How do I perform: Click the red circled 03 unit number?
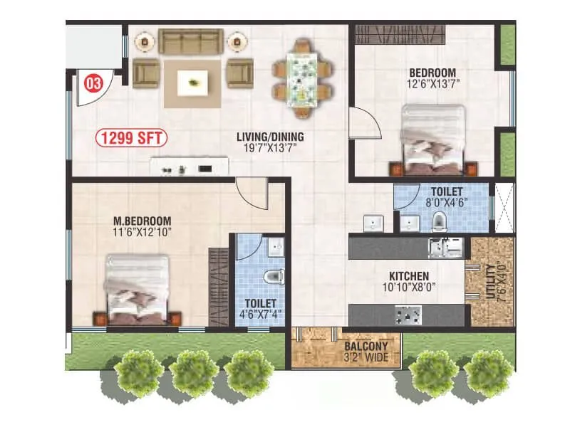[93, 83]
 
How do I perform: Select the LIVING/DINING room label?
[271, 137]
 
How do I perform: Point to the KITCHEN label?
[408, 275]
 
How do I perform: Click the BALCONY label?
[366, 346]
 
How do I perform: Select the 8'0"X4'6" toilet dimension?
[446, 203]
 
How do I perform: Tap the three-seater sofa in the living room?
[191, 41]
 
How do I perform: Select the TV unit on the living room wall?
[190, 169]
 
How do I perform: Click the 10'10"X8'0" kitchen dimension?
[409, 288]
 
